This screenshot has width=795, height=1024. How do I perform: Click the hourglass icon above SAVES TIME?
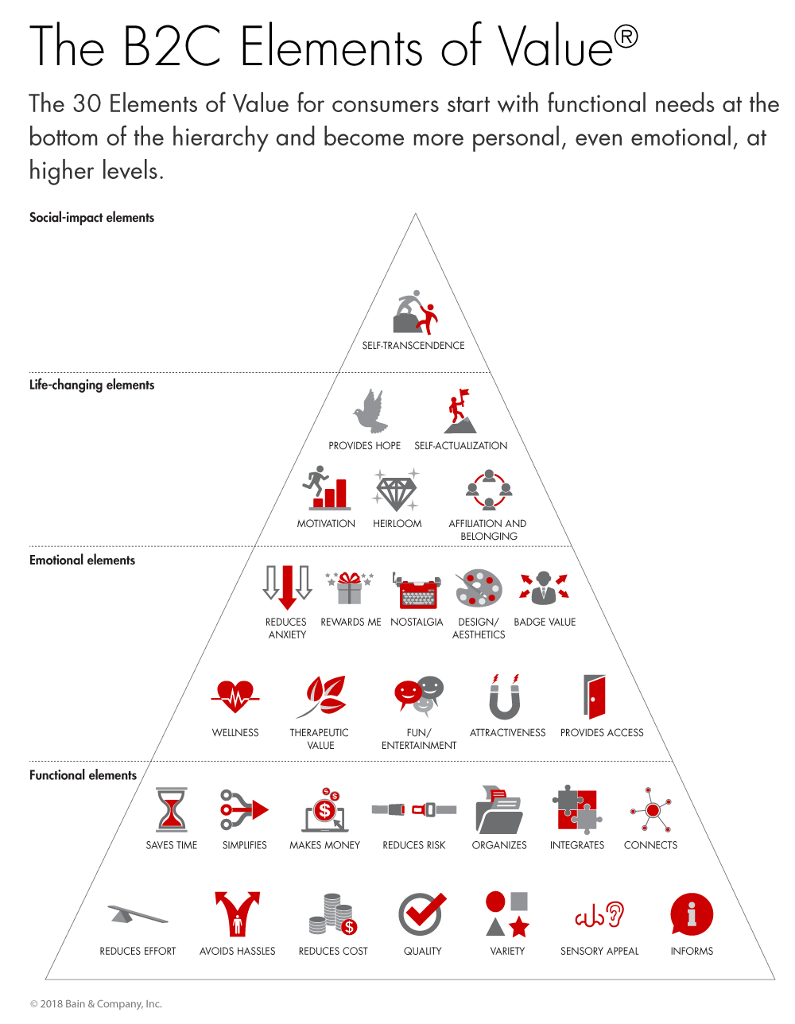click(x=171, y=809)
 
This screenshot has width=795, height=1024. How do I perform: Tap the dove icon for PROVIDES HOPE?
click(x=370, y=411)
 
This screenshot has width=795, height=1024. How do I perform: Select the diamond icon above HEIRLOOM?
click(x=395, y=490)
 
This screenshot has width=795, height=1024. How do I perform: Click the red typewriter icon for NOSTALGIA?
click(x=417, y=591)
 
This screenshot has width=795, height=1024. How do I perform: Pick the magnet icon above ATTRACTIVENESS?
click(x=505, y=697)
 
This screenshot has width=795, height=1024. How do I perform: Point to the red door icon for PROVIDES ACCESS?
click(x=594, y=696)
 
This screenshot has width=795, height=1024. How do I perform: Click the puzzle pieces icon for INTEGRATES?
click(x=576, y=809)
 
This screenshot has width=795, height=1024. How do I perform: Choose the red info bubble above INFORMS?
click(x=692, y=914)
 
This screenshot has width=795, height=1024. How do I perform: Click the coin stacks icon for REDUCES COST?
click(x=332, y=914)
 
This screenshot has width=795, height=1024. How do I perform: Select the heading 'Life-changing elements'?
click(x=92, y=385)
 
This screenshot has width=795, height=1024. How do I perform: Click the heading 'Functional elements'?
click(x=83, y=775)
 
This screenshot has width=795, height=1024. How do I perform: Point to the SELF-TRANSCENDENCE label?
click(x=413, y=345)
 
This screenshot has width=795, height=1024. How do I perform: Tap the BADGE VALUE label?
click(x=545, y=622)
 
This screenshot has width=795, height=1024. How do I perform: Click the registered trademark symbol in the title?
click(x=626, y=37)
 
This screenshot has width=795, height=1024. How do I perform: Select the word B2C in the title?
click(x=172, y=46)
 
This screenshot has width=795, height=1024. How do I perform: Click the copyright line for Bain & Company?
click(x=96, y=1004)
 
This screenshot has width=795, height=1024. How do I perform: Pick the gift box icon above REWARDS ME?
click(x=349, y=588)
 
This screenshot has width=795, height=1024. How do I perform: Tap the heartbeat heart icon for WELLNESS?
click(x=235, y=697)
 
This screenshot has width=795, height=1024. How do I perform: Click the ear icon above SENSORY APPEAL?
click(x=615, y=913)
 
